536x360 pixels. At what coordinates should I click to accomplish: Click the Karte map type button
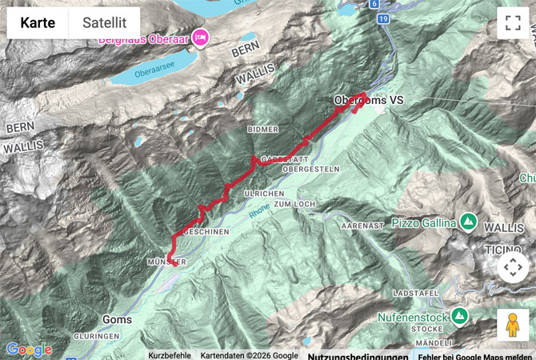click(x=38, y=23)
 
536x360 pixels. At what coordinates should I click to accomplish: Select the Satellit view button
click(x=105, y=23)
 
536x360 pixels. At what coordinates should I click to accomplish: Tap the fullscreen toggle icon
click(x=513, y=23)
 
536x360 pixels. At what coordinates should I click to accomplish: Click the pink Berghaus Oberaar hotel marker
click(x=199, y=37)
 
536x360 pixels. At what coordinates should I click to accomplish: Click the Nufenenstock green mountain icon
click(x=459, y=317)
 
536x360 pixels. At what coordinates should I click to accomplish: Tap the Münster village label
click(x=166, y=262)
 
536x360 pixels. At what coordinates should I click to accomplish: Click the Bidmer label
click(x=263, y=129)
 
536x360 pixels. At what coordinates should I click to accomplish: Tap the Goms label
click(x=117, y=319)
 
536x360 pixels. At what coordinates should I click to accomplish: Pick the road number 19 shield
click(x=385, y=18)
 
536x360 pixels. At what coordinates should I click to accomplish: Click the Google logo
click(x=29, y=350)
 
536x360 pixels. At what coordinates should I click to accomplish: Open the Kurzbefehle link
click(x=170, y=355)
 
